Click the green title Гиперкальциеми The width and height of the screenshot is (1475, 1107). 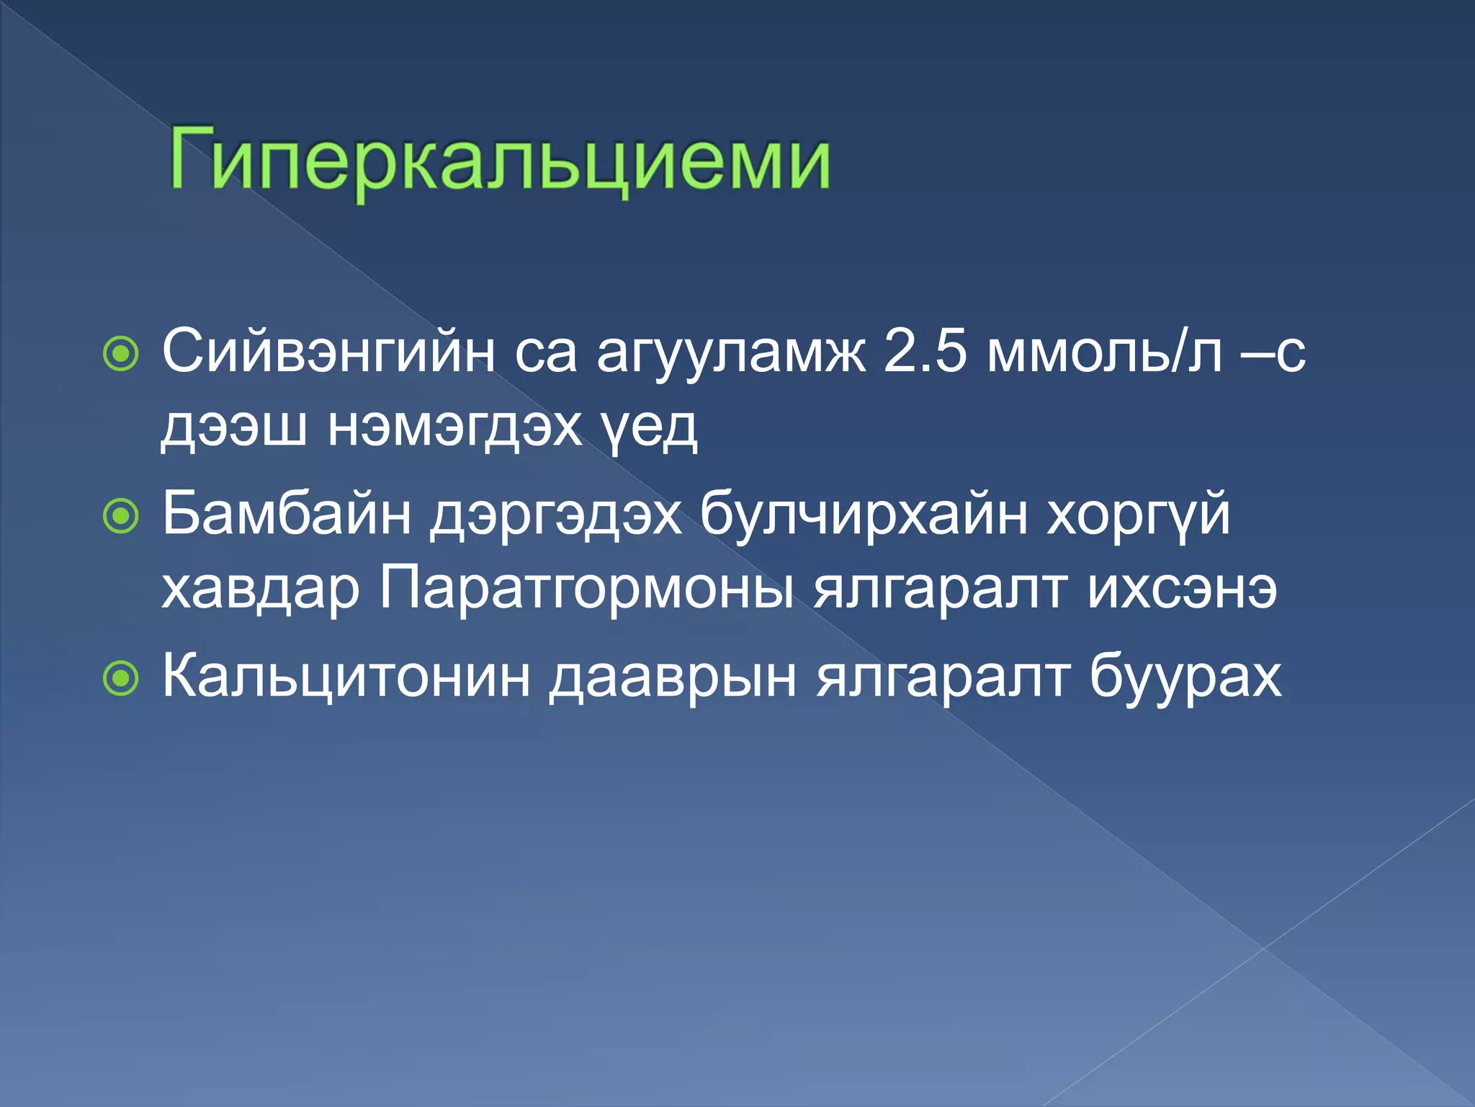[x=500, y=160]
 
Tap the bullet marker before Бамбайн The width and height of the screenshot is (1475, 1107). [x=120, y=516]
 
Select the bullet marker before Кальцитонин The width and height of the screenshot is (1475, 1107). [x=120, y=678]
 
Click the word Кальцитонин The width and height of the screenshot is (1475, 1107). [x=346, y=677]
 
